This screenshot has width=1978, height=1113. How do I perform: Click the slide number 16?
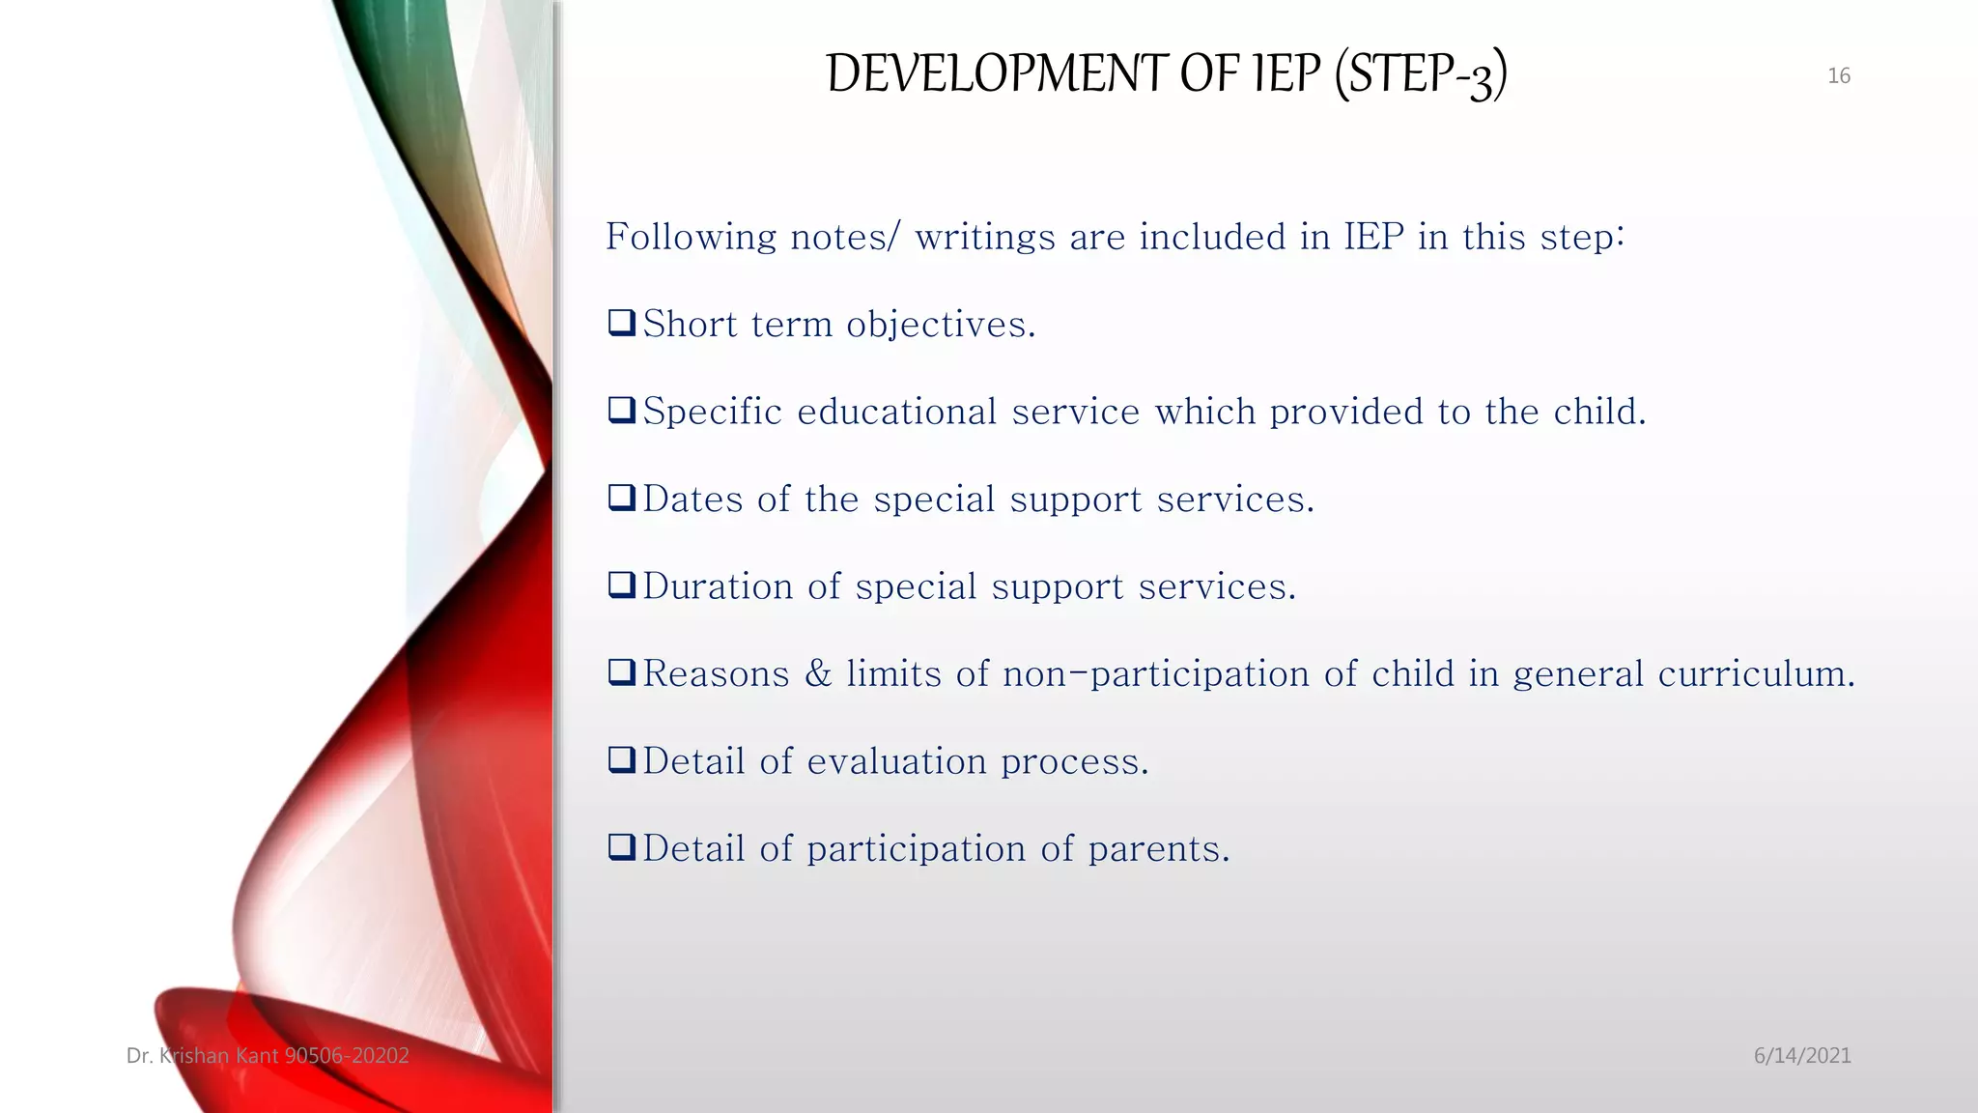(x=1838, y=75)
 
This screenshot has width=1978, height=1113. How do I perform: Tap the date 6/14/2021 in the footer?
(x=1801, y=1055)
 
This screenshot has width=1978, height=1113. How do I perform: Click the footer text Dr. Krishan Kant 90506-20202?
(x=268, y=1055)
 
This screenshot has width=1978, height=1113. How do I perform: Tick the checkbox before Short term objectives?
(x=622, y=322)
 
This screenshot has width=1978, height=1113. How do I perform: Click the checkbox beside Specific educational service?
(x=622, y=410)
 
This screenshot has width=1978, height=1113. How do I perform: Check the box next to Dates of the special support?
(x=622, y=498)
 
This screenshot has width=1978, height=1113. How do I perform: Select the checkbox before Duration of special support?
(x=622, y=585)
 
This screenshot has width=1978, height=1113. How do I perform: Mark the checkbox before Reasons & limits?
(x=622, y=671)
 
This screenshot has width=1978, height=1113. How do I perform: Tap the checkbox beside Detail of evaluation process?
(x=622, y=759)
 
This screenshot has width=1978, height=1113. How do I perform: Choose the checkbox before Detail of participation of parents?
(x=622, y=846)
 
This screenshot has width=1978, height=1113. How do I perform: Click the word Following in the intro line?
(x=691, y=237)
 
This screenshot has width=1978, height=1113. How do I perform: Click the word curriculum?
(x=1755, y=673)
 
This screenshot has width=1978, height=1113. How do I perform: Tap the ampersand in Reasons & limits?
(x=818, y=673)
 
